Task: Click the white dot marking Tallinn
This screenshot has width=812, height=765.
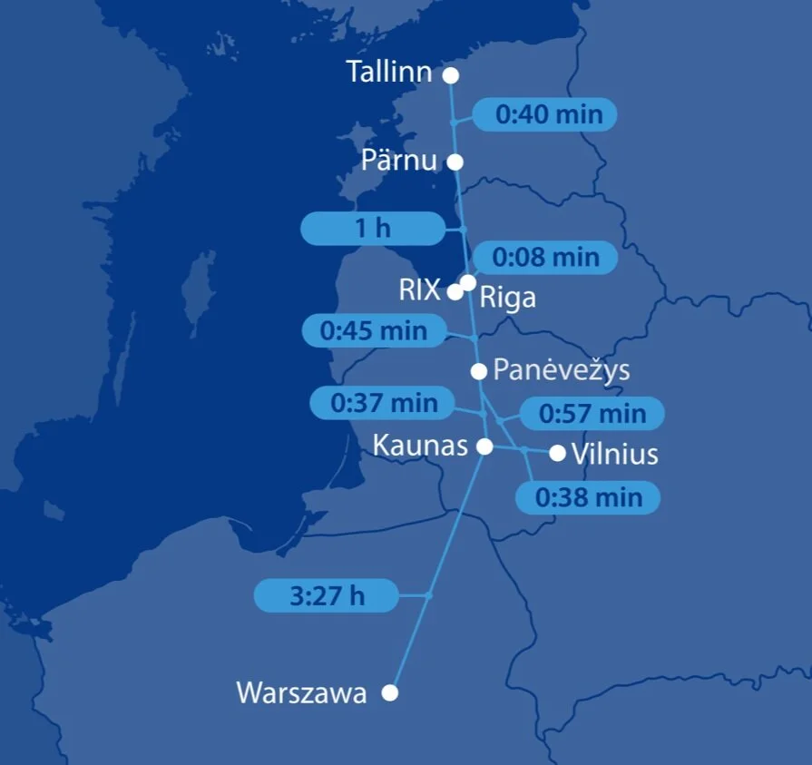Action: click(450, 75)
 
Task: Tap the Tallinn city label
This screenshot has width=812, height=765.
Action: click(389, 73)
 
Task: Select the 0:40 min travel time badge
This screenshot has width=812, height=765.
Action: click(545, 114)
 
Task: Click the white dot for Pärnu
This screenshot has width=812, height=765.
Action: click(455, 162)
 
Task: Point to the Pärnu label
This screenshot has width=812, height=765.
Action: click(398, 161)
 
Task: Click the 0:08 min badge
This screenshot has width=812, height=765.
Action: click(545, 258)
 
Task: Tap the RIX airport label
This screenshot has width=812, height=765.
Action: click(419, 290)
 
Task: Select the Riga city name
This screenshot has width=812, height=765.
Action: click(507, 298)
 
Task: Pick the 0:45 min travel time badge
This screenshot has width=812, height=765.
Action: click(373, 330)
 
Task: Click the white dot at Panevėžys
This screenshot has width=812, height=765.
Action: click(479, 370)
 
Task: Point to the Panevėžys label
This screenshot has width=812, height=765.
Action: click(561, 370)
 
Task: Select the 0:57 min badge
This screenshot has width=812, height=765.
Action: click(592, 414)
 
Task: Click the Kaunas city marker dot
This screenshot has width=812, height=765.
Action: click(484, 446)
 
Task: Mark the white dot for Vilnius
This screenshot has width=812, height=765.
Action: click(557, 453)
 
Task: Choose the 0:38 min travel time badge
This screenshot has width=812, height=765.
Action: click(588, 497)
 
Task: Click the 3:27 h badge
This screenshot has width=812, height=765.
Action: click(327, 595)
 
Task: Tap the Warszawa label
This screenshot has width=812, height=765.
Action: click(301, 692)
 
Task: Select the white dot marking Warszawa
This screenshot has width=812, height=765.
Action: click(390, 692)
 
